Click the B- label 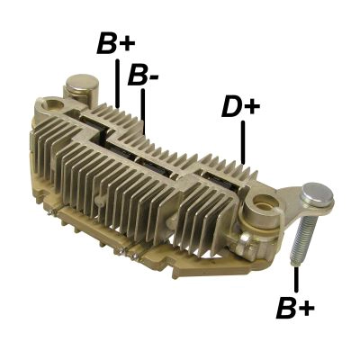coord(143,76)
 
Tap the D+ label coord(240,108)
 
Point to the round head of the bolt coord(317,193)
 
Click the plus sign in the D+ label coord(252,108)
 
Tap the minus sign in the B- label coord(156,79)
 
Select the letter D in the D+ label coord(230,108)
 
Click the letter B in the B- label coord(137,76)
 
